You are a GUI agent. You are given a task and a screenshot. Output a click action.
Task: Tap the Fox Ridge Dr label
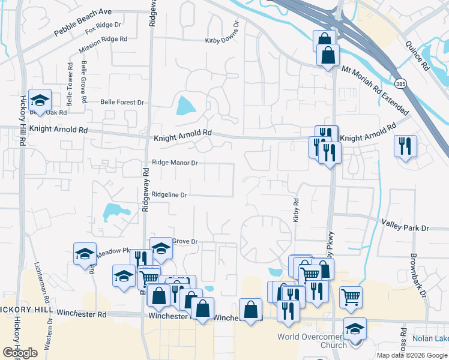(x=103, y=28)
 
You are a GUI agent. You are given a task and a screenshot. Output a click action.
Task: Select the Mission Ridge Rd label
(x=106, y=39)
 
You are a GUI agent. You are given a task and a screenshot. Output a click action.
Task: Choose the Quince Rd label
(x=417, y=54)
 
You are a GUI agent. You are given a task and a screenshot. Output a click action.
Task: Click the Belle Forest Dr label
(x=122, y=103)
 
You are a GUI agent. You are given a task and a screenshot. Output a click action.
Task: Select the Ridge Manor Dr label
(x=175, y=162)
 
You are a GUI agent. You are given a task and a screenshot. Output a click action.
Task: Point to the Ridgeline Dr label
(x=169, y=194)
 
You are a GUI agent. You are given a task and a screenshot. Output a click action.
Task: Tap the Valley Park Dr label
(x=405, y=228)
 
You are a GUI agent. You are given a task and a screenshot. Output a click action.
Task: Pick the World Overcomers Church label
(x=312, y=340)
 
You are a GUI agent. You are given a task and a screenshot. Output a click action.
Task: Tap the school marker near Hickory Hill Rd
(x=40, y=101)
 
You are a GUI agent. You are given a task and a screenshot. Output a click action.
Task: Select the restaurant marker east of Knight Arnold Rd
(x=405, y=146)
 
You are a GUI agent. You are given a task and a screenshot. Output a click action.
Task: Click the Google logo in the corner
(x=20, y=353)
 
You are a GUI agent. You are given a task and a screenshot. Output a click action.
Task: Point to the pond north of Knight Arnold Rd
(x=185, y=107)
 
